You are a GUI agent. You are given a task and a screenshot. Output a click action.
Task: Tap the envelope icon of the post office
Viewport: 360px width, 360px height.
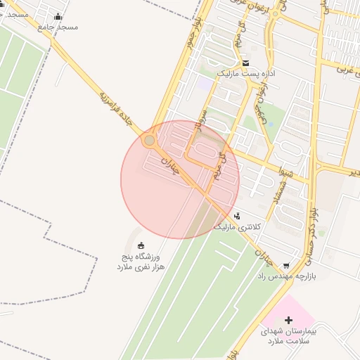[245, 63]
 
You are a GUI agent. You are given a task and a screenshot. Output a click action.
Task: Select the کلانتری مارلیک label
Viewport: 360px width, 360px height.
[237, 227]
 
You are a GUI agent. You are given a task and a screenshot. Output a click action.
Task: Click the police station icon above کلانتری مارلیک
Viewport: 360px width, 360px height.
[238, 216]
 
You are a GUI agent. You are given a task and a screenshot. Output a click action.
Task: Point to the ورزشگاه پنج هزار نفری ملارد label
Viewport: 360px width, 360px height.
[141, 262]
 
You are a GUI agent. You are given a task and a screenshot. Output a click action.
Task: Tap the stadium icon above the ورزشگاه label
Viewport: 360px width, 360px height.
[141, 245]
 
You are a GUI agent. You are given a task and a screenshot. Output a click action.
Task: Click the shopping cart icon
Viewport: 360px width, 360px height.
[286, 265]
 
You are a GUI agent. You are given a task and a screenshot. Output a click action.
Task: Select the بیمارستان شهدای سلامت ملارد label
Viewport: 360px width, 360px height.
[288, 335]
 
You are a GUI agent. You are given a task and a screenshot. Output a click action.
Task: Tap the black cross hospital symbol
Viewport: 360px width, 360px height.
[288, 321]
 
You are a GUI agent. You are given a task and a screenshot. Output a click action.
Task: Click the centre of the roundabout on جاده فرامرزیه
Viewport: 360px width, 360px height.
[148, 141]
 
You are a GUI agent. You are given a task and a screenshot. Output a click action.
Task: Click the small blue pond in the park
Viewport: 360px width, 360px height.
[205, 84]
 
